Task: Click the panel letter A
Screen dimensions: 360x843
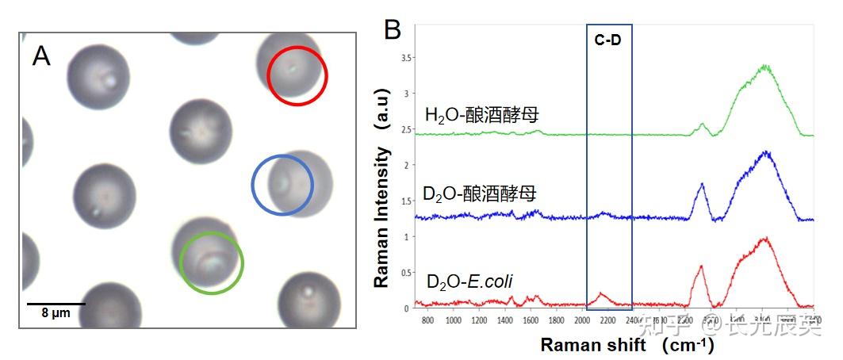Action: (x=41, y=56)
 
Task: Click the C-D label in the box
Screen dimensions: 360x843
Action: (x=608, y=40)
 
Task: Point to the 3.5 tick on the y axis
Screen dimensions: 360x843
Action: (x=406, y=58)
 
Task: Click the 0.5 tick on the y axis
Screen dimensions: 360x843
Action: (x=406, y=273)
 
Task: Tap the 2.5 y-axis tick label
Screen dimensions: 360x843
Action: (x=406, y=129)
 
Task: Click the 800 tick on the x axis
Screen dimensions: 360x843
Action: (x=427, y=321)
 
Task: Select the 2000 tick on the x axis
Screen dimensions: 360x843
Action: (x=582, y=321)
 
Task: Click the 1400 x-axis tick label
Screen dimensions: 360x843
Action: (x=504, y=321)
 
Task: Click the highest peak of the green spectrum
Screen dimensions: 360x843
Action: (x=765, y=66)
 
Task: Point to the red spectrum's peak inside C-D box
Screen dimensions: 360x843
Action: (x=601, y=293)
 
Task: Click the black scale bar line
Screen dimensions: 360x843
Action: (x=56, y=303)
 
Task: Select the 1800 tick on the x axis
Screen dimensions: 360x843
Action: (x=556, y=321)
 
